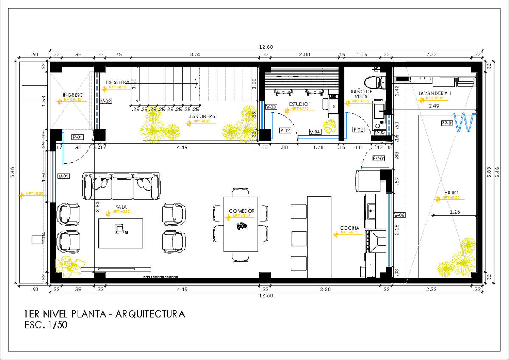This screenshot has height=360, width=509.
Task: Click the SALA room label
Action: point(121,207)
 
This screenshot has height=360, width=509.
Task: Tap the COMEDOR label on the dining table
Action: point(241,211)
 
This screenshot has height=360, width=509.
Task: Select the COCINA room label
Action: point(350,228)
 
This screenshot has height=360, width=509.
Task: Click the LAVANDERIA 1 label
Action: point(435,93)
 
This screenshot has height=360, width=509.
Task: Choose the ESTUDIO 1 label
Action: point(300,104)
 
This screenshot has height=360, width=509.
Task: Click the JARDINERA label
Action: point(202,116)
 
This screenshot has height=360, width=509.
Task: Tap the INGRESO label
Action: point(73,95)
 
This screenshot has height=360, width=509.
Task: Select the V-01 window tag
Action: point(64,176)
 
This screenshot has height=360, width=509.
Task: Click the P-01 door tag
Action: point(77,137)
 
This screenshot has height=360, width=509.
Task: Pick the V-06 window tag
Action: point(400,215)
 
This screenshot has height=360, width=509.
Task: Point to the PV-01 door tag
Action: point(379,159)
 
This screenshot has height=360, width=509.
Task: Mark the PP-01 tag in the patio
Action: point(447,124)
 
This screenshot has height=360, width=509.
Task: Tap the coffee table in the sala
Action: point(121,233)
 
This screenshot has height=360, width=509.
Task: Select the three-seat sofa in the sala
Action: point(121,186)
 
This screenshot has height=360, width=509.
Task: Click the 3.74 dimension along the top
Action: point(195,54)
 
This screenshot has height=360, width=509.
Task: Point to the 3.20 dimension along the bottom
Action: point(325,290)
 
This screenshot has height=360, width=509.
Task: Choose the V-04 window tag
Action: point(315,131)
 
